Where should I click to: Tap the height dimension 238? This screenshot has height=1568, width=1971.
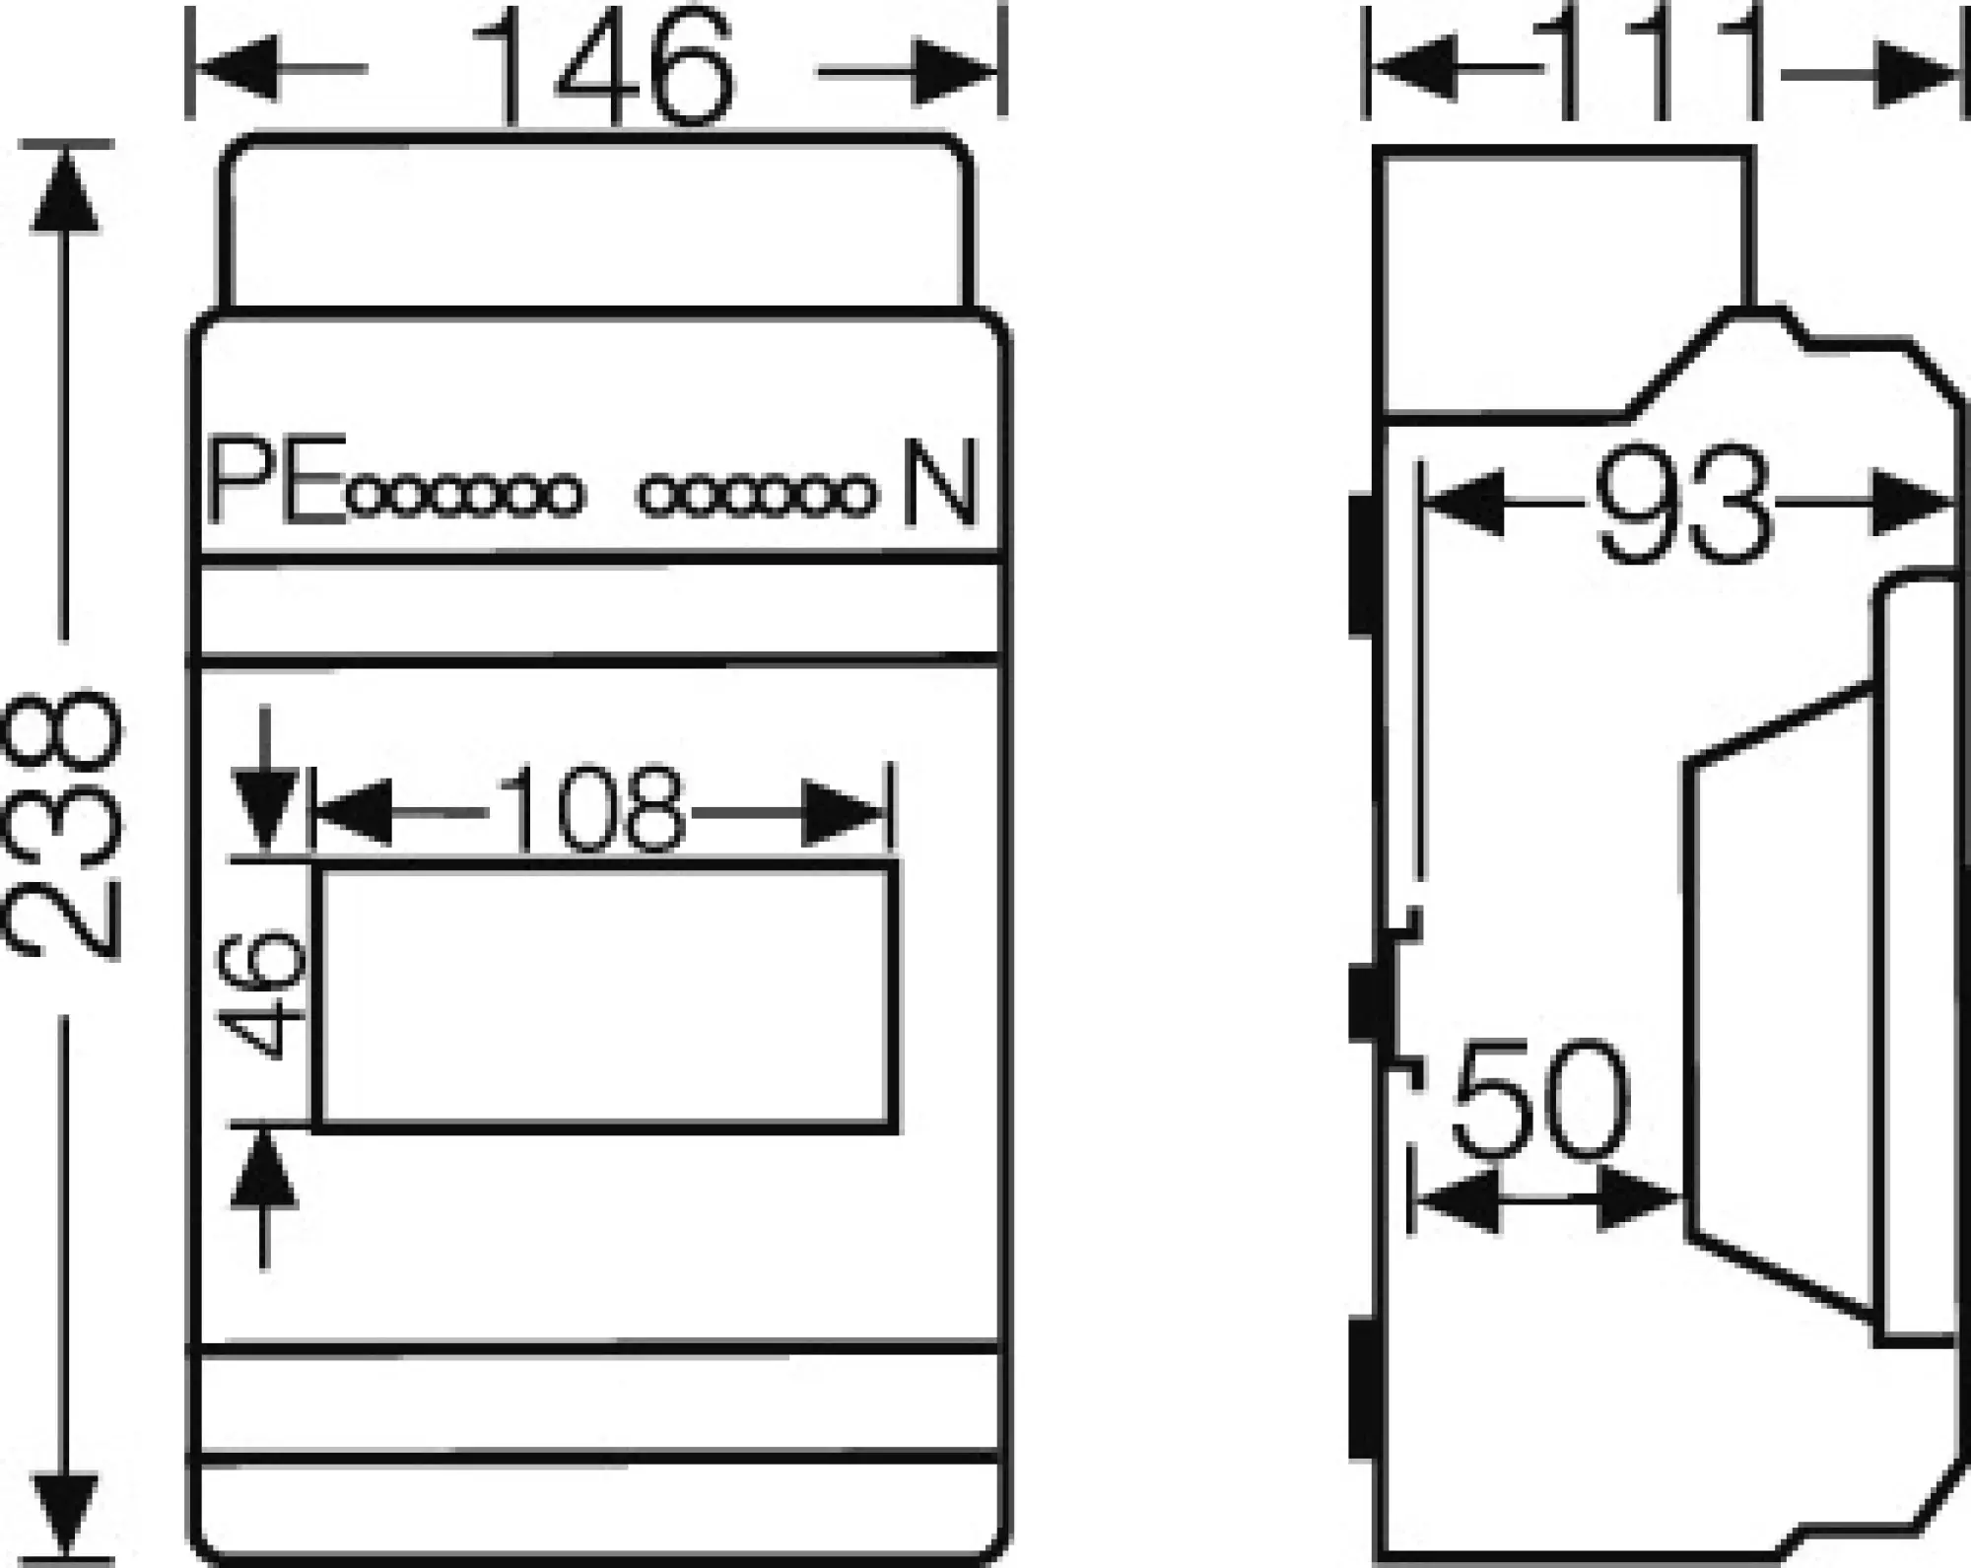tap(65, 826)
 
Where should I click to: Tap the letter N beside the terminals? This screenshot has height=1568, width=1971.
tap(938, 483)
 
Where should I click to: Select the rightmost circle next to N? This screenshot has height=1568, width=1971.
tap(856, 496)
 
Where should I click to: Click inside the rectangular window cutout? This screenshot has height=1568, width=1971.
tap(606, 995)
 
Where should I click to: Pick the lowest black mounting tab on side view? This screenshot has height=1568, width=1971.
tap(1364, 1390)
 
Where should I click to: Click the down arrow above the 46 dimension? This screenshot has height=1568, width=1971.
tap(264, 810)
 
